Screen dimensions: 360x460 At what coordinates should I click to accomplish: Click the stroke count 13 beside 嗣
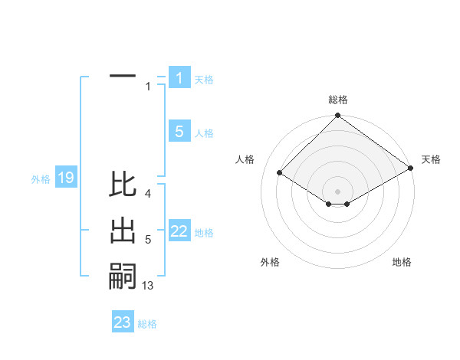click(148, 286)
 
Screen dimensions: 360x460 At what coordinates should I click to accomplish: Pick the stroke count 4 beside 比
click(148, 194)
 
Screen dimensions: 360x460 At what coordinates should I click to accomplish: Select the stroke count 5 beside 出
click(148, 240)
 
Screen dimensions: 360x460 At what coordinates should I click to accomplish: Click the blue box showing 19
click(65, 178)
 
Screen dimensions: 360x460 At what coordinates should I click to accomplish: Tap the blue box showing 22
click(179, 232)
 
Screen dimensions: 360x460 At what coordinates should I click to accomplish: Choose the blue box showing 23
click(123, 322)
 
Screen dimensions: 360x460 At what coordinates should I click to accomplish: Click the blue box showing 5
click(179, 132)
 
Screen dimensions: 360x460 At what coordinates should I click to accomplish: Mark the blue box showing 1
click(179, 78)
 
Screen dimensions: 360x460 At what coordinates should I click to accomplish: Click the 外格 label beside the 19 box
click(41, 179)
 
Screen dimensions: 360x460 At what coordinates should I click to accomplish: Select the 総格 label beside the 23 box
click(147, 323)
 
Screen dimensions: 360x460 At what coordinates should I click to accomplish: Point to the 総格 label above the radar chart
click(338, 100)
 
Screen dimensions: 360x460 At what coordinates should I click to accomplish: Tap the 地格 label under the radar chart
click(402, 262)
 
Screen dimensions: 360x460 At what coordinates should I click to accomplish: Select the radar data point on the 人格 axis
click(280, 173)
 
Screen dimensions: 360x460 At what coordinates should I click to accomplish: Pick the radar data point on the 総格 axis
click(338, 116)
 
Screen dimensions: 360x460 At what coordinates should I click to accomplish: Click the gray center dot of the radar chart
click(338, 191)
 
